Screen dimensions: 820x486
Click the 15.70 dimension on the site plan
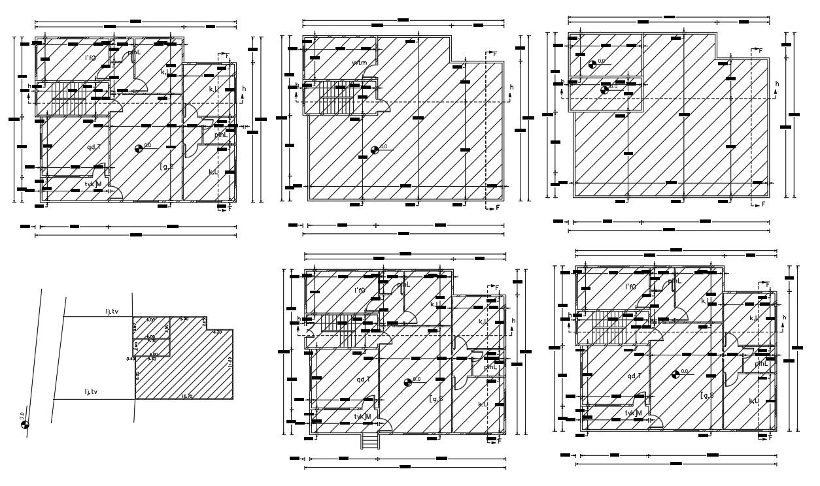pos(186,396)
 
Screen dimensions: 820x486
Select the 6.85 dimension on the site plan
pos(137,376)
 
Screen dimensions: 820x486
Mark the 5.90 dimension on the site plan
pos(184,319)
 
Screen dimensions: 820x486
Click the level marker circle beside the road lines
pos(25,425)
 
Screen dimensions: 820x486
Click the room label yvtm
pos(359,63)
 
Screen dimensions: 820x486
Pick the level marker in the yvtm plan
pos(375,150)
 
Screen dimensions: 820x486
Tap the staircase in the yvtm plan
pos(334,97)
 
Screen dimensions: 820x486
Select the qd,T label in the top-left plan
pos(94,146)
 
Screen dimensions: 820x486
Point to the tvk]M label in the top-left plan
pos(94,184)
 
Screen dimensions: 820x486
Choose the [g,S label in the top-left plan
pos(167,167)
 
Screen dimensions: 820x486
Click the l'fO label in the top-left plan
pos(91,58)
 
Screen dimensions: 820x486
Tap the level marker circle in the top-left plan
pos(139,148)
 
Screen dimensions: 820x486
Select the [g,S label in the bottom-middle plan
pos(436,398)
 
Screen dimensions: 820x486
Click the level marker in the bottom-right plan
pos(676,374)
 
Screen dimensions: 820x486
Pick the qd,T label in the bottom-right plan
pos(634,376)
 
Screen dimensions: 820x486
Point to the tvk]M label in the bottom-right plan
pos(633,413)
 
